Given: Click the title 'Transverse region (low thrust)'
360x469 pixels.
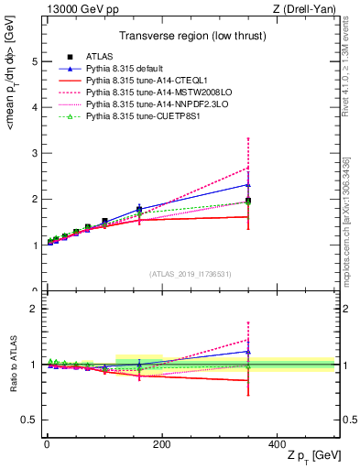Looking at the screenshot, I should click(190, 37).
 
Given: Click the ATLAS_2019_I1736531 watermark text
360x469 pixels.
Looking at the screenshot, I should click(190, 274).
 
